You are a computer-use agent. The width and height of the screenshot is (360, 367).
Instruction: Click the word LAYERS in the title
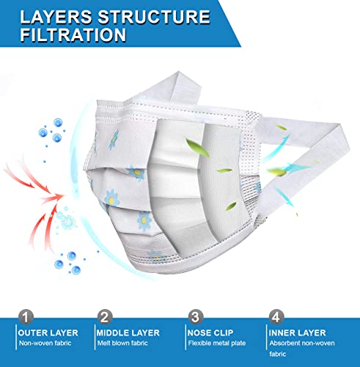point(56,17)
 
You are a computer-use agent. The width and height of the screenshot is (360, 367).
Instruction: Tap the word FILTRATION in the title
point(73,34)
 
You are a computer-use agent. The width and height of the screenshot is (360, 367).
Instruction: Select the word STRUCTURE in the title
point(154,17)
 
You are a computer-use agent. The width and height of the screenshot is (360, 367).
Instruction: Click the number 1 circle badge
point(26,317)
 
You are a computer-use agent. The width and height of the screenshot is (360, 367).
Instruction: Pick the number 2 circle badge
point(105,317)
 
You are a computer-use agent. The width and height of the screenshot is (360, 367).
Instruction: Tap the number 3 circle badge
point(196,317)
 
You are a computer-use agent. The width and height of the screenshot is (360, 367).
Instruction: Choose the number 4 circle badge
point(276,317)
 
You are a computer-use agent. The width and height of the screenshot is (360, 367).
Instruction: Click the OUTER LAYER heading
point(48,333)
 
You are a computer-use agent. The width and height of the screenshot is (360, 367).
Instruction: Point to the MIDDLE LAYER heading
point(128,333)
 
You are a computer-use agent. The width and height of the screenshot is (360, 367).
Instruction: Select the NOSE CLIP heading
point(210,333)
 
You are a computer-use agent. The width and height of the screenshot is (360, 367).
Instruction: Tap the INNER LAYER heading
point(298,333)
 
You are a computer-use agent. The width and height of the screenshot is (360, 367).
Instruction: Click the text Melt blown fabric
point(122,343)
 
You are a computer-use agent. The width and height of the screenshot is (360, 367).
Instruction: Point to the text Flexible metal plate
point(217,343)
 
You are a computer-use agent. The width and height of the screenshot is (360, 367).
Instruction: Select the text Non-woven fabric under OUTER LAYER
point(45,343)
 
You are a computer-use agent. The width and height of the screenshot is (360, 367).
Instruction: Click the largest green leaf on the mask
point(197,148)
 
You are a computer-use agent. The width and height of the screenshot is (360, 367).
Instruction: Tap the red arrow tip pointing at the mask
point(62,195)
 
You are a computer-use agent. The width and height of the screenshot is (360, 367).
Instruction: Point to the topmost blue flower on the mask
point(114,139)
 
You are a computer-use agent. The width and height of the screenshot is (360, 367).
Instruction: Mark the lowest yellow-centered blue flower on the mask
point(144,221)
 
